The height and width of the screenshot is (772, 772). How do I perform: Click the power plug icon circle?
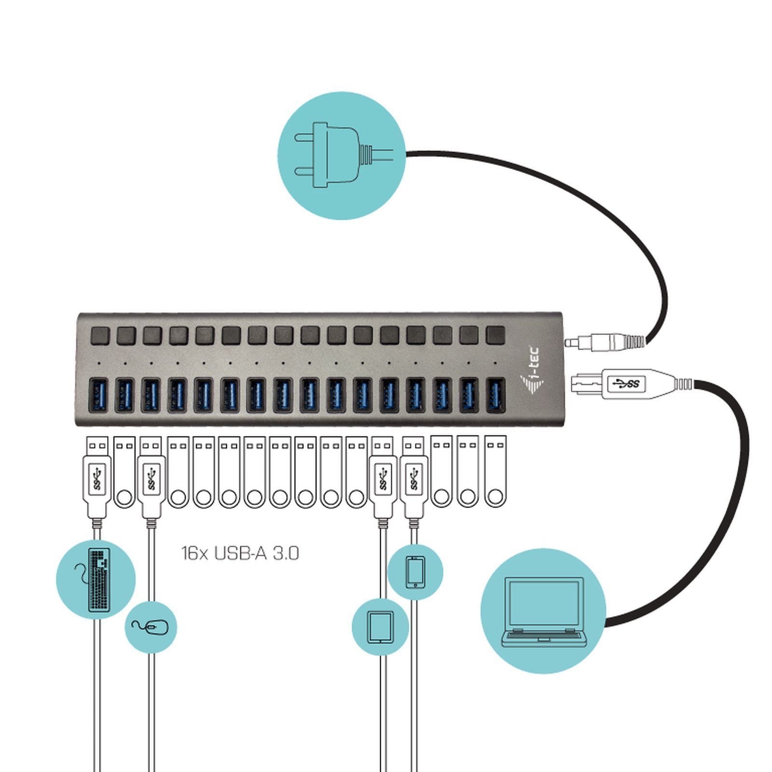[342, 155]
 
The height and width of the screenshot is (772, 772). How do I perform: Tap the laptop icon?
[543, 611]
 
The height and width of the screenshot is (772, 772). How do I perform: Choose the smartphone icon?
[415, 572]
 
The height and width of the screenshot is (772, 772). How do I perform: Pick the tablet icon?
[381, 627]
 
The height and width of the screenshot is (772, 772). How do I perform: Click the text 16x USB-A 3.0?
[240, 553]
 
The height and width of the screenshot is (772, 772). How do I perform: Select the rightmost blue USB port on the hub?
[495, 395]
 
